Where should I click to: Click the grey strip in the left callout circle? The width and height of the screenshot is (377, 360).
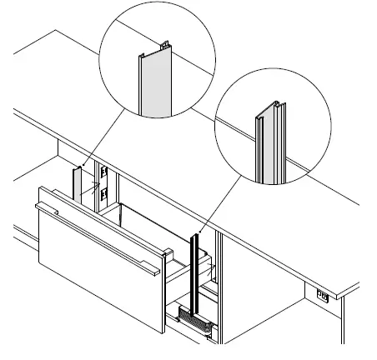click(x=155, y=92)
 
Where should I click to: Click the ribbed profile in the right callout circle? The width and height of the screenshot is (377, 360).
click(x=270, y=146)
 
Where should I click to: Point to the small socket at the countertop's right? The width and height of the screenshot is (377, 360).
click(x=322, y=293)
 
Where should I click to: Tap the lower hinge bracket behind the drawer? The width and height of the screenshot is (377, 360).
click(x=104, y=196)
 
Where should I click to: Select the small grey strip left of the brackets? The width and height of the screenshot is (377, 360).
click(x=76, y=185)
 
